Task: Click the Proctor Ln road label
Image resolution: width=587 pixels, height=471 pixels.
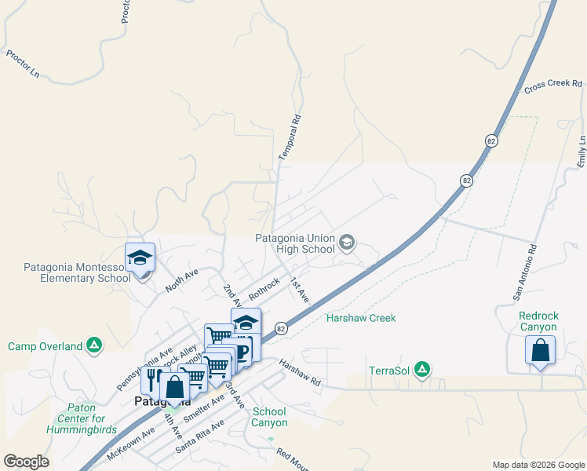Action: tap(22, 64)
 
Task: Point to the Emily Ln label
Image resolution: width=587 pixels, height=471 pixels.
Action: tap(582, 151)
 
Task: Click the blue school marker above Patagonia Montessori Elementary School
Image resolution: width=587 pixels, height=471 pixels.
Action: tap(140, 257)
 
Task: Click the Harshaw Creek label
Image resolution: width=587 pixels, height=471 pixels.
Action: tap(361, 318)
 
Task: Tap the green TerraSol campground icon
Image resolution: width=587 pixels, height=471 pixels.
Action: tap(422, 369)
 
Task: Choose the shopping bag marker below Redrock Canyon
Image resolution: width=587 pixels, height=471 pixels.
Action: tap(540, 350)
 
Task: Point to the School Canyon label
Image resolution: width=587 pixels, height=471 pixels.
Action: tap(269, 417)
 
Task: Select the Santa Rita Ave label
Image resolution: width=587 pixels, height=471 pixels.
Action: tap(200, 435)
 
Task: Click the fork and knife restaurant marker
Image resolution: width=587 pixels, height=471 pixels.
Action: tap(151, 379)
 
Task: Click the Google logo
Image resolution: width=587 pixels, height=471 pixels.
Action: tap(26, 462)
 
